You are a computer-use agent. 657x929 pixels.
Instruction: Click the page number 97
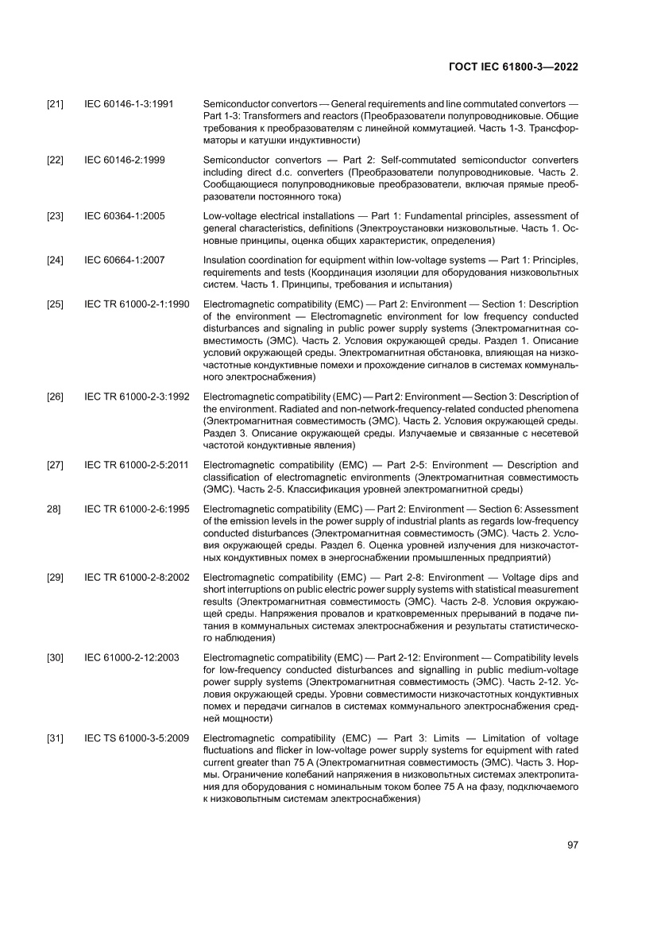click(x=572, y=845)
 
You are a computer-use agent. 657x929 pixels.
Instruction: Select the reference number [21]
click(x=56, y=104)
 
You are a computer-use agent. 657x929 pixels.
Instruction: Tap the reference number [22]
click(x=56, y=161)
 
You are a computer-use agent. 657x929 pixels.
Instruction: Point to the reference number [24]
click(x=56, y=261)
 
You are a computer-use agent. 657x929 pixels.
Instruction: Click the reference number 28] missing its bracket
click(x=54, y=509)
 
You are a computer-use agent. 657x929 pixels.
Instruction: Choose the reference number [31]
click(x=56, y=739)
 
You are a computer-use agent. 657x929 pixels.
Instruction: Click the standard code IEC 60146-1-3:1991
click(x=129, y=104)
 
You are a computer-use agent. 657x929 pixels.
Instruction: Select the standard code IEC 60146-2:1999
click(x=125, y=161)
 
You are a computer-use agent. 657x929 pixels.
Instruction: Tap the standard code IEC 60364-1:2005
click(x=125, y=216)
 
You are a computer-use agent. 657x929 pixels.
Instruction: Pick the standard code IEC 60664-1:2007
click(x=125, y=261)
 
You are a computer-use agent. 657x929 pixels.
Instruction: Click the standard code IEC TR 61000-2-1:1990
click(x=136, y=304)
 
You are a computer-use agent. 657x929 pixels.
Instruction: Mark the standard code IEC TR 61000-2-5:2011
click(x=136, y=465)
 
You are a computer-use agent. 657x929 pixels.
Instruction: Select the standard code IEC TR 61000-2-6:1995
click(x=136, y=509)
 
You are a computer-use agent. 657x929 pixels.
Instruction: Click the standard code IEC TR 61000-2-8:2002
click(x=136, y=577)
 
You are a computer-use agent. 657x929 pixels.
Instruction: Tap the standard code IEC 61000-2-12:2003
click(x=132, y=658)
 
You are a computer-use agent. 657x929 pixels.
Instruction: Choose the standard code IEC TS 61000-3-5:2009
click(x=136, y=739)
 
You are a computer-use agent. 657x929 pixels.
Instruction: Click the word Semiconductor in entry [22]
click(x=237, y=161)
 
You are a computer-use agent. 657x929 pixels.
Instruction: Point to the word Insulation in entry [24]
click(x=226, y=261)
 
